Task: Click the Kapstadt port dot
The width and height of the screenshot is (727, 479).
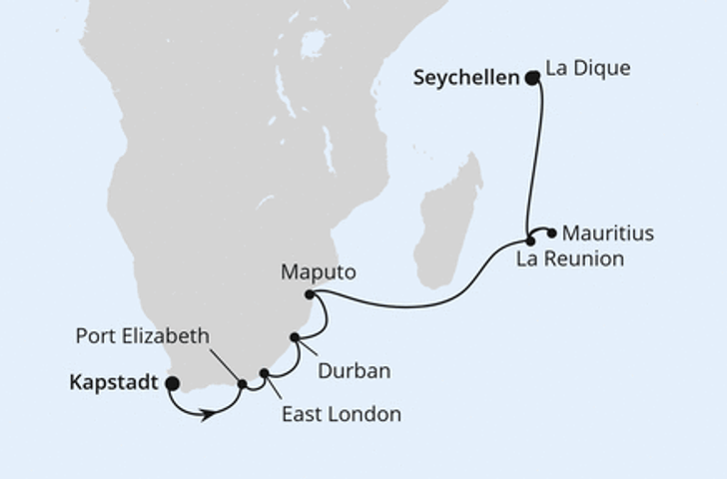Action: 172,382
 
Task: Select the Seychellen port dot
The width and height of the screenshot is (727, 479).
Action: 532,77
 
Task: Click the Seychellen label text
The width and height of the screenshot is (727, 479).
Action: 465,78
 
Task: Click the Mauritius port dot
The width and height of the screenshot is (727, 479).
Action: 551,234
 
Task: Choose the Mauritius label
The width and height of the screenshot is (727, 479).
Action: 608,234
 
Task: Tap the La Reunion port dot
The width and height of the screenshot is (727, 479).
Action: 530,241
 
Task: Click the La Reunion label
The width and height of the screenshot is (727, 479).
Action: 569,259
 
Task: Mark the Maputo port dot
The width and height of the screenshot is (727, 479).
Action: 310,294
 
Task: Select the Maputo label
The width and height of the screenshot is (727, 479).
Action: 318,271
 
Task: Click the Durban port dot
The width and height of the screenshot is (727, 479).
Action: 295,337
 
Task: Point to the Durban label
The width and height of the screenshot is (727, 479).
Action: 353,370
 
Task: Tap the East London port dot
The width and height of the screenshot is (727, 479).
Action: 265,374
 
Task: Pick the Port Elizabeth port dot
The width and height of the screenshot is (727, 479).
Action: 242,384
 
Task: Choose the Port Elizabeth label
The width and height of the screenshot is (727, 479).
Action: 143,336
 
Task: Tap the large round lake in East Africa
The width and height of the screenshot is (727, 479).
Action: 314,43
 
